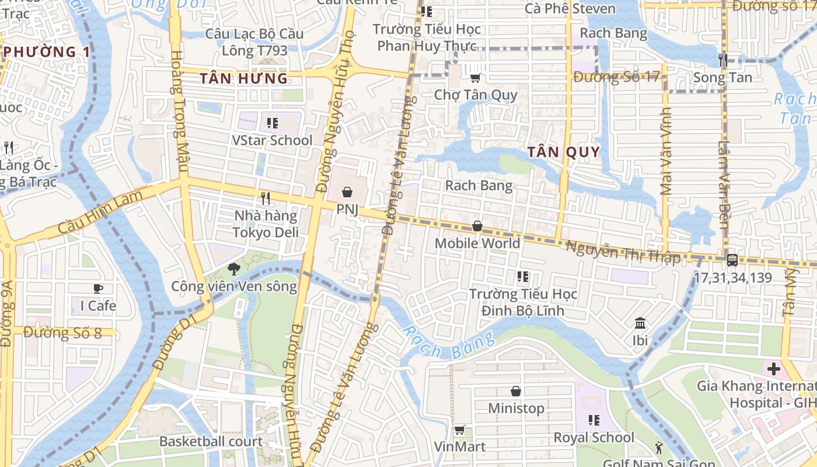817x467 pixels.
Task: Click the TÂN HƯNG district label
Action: pyautogui.click(x=244, y=78)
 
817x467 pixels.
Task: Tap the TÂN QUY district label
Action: pyautogui.click(x=564, y=152)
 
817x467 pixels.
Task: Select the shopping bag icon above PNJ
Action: pyautogui.click(x=347, y=191)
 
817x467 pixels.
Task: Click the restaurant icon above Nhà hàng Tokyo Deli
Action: pyautogui.click(x=266, y=198)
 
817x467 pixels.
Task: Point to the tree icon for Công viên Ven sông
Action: pyautogui.click(x=233, y=269)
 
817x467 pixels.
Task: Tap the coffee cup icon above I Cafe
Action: pyautogui.click(x=98, y=288)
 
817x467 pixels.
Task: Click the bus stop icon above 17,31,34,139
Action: pyautogui.click(x=732, y=260)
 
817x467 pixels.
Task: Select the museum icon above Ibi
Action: pyautogui.click(x=640, y=323)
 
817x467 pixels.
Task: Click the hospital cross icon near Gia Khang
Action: pyautogui.click(x=774, y=369)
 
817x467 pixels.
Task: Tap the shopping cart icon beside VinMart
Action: pyautogui.click(x=459, y=430)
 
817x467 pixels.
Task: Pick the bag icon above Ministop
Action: pyautogui.click(x=516, y=391)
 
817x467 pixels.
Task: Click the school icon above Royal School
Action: pyautogui.click(x=594, y=420)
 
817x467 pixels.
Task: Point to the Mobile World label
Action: pyautogui.click(x=477, y=243)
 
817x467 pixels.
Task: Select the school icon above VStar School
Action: pyautogui.click(x=272, y=123)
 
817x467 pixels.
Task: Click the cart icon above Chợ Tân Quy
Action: pyautogui.click(x=476, y=77)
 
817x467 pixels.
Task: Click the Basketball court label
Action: pyautogui.click(x=211, y=441)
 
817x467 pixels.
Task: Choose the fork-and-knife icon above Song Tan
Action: pyautogui.click(x=722, y=59)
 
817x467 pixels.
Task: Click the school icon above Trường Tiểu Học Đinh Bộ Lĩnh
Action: pyautogui.click(x=522, y=276)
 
